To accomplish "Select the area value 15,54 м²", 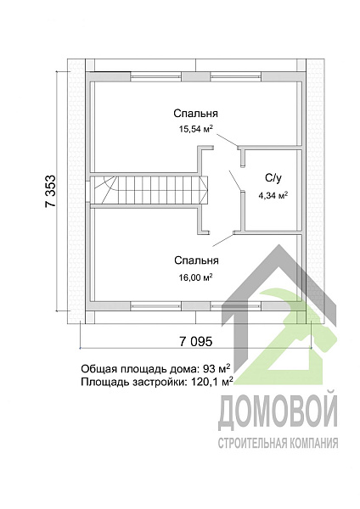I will [x=195, y=130].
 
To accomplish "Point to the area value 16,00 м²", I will [x=195, y=277].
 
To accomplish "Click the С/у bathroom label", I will [x=273, y=177].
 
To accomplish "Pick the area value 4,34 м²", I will [x=273, y=194].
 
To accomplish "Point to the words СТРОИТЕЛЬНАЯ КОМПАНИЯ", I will [x=278, y=443].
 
